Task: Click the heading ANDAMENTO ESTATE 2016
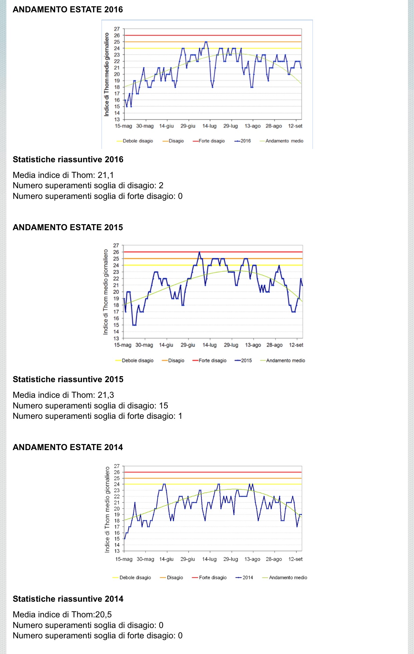[68, 9]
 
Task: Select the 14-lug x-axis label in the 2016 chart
[209, 126]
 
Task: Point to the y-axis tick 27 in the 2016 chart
[117, 29]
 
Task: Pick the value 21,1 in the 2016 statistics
[106, 175]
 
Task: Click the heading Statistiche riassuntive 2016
[68, 160]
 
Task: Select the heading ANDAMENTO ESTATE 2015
[68, 227]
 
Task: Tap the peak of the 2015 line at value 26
[199, 252]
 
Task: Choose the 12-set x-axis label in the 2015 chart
[296, 345]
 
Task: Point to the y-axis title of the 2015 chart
[106, 292]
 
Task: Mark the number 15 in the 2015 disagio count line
[163, 405]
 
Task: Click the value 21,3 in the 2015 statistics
[106, 395]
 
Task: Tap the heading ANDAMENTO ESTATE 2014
[68, 447]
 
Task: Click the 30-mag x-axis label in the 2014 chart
[145, 559]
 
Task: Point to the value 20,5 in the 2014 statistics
[103, 614]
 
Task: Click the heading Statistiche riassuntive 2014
[68, 599]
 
